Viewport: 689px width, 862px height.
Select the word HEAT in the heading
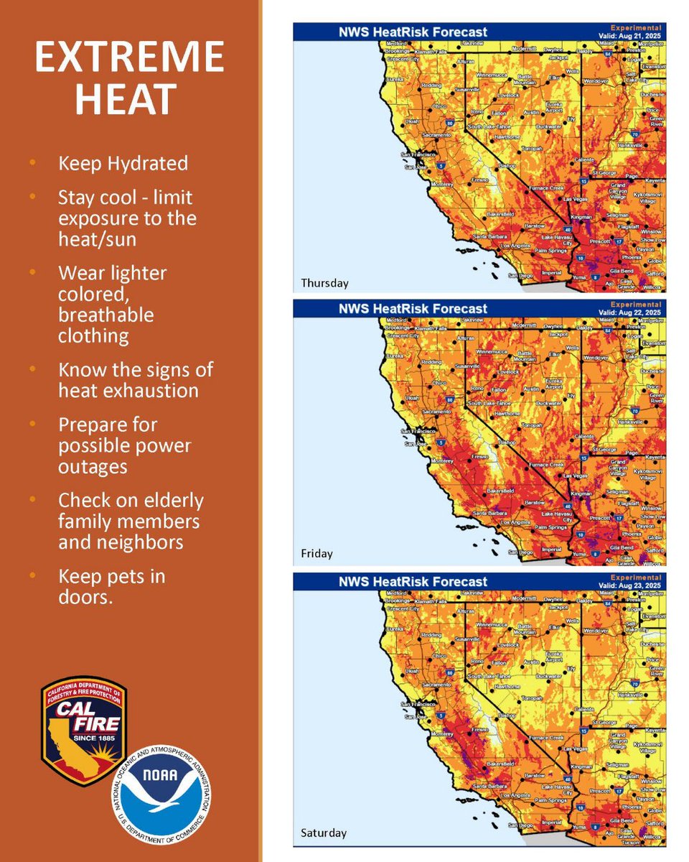(x=126, y=100)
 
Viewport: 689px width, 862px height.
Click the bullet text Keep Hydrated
(x=123, y=163)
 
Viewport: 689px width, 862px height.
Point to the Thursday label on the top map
(x=324, y=282)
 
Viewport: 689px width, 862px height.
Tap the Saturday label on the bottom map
(x=323, y=833)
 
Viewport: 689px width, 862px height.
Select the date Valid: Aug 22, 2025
(x=631, y=311)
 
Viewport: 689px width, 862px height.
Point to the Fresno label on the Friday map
(x=460, y=453)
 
